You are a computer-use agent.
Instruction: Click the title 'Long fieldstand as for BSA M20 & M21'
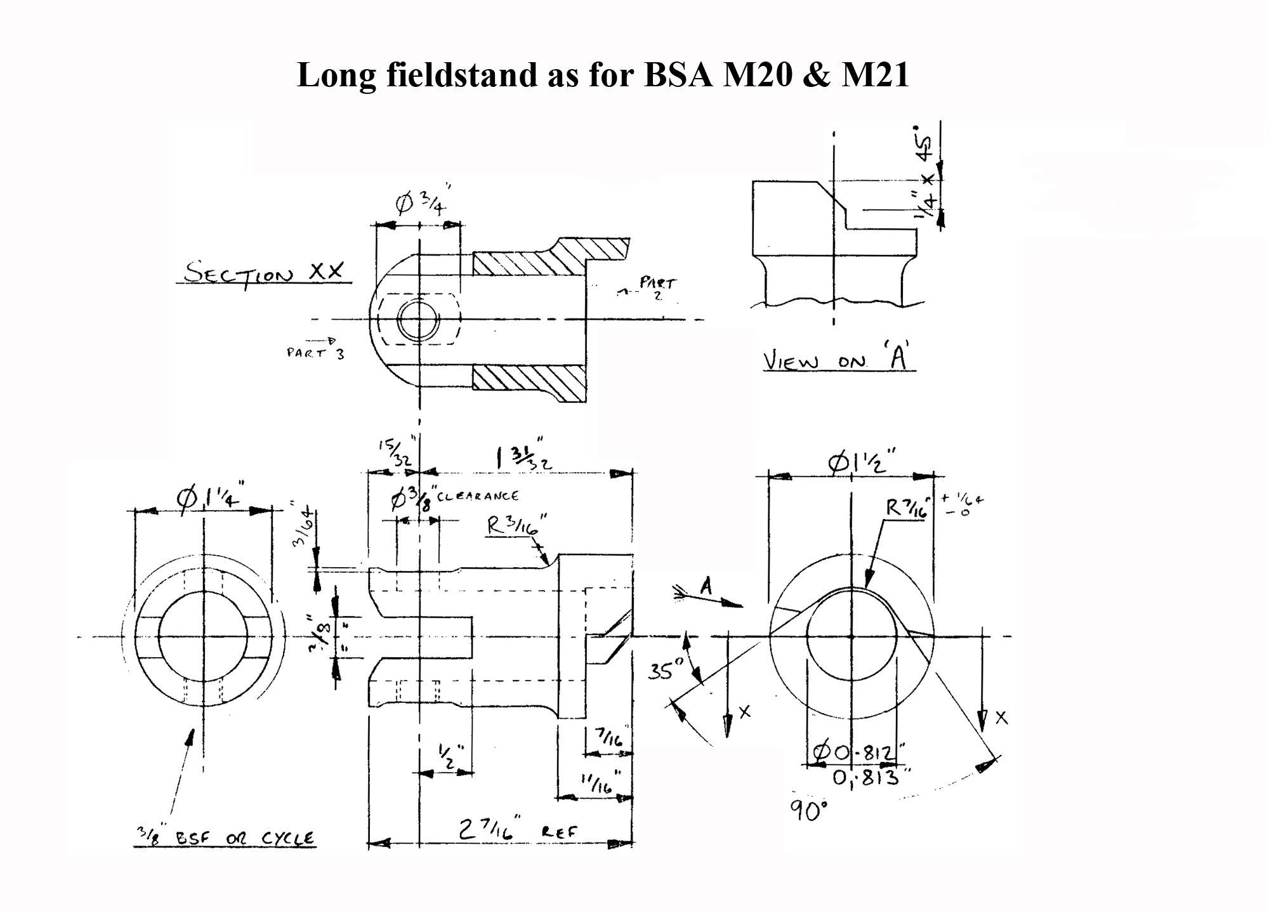(603, 75)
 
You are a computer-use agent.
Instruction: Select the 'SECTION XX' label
(264, 273)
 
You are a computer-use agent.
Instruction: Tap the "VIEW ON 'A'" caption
(839, 360)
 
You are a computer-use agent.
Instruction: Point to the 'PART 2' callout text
(657, 287)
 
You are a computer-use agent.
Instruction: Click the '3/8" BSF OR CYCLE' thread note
(225, 839)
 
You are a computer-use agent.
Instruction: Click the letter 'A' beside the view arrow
(706, 587)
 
